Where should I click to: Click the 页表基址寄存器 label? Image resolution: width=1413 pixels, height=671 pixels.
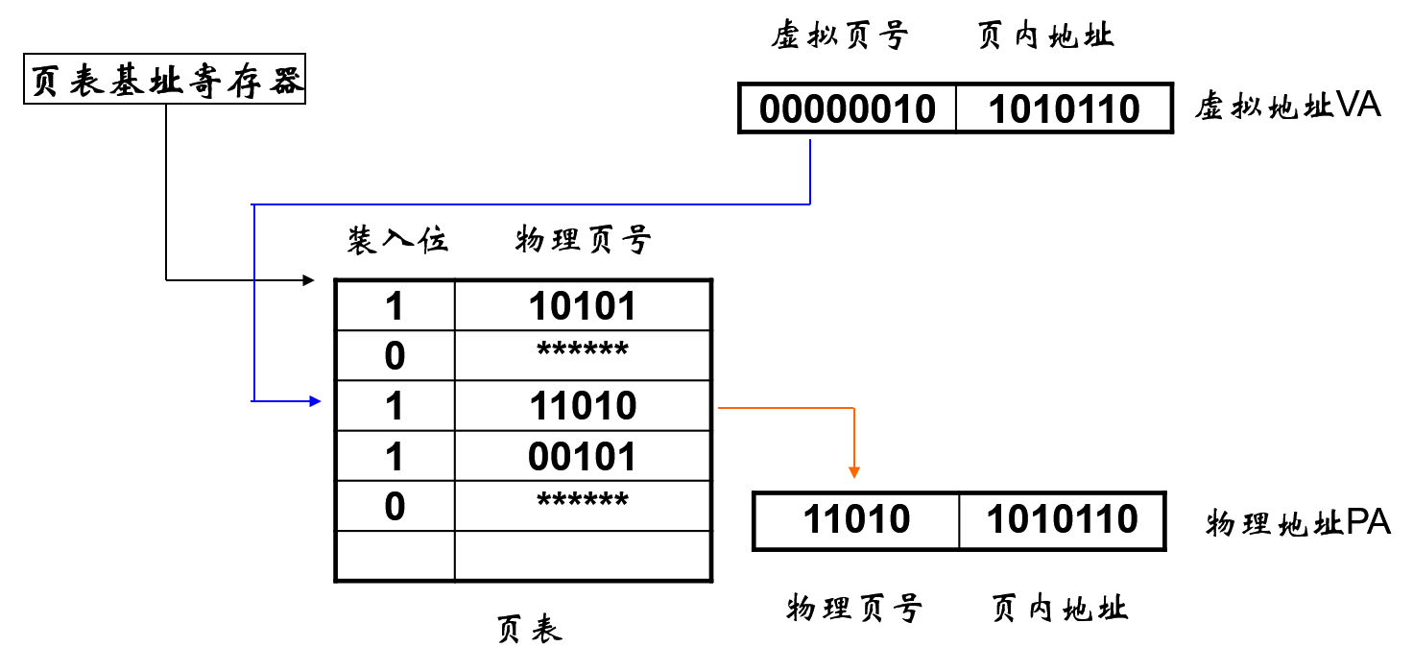pos(164,82)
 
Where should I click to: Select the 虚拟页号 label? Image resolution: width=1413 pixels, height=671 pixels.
pos(840,36)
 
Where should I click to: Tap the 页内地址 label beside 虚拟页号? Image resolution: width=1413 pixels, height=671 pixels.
pos(1045,36)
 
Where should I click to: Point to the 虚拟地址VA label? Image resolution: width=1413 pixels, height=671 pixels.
pos(1285,106)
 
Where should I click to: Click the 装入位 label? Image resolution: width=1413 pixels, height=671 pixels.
pos(397,239)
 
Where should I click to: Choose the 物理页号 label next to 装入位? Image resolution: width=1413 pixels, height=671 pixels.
pos(583,239)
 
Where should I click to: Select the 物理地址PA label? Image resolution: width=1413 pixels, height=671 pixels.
pos(1295,524)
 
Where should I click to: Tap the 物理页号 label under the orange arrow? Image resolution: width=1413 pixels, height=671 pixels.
pos(854,608)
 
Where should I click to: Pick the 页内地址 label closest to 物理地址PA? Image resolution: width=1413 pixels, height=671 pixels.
pos(1059,608)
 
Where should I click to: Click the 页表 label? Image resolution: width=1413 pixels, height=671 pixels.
pos(527,629)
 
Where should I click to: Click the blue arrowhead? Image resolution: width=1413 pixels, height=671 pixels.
pos(315,401)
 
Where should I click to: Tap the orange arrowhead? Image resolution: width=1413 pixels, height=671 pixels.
pos(854,472)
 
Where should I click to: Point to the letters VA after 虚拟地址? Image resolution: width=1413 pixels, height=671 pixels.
pos(1358,106)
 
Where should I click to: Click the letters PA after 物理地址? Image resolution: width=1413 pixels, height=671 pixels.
pos(1368,523)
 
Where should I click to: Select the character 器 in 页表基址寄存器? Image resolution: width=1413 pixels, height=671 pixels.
pos(286,82)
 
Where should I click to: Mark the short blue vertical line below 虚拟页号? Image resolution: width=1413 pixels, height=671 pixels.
pos(811,171)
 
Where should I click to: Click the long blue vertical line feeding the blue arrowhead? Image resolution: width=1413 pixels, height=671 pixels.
pos(253,302)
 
